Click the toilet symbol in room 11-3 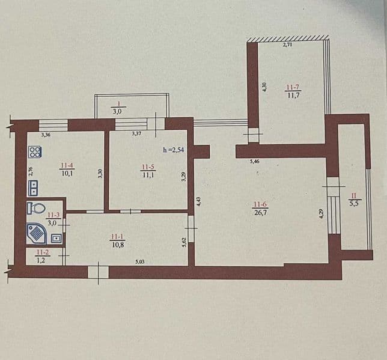tap(35, 208)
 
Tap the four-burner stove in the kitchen tap(35, 152)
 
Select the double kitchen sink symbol tap(33, 188)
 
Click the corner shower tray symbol tap(37, 233)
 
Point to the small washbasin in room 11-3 tap(56, 238)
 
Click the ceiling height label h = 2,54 tap(174, 150)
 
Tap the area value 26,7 tap(261, 212)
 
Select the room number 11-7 tap(293, 87)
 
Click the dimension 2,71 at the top tap(287, 45)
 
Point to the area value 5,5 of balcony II tap(354, 204)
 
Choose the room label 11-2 tap(43, 252)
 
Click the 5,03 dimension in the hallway tap(139, 261)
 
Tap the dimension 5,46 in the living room tap(254, 162)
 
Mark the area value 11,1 tap(148, 175)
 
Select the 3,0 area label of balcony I tap(117, 111)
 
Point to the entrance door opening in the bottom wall tap(98, 272)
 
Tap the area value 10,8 tap(118, 245)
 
